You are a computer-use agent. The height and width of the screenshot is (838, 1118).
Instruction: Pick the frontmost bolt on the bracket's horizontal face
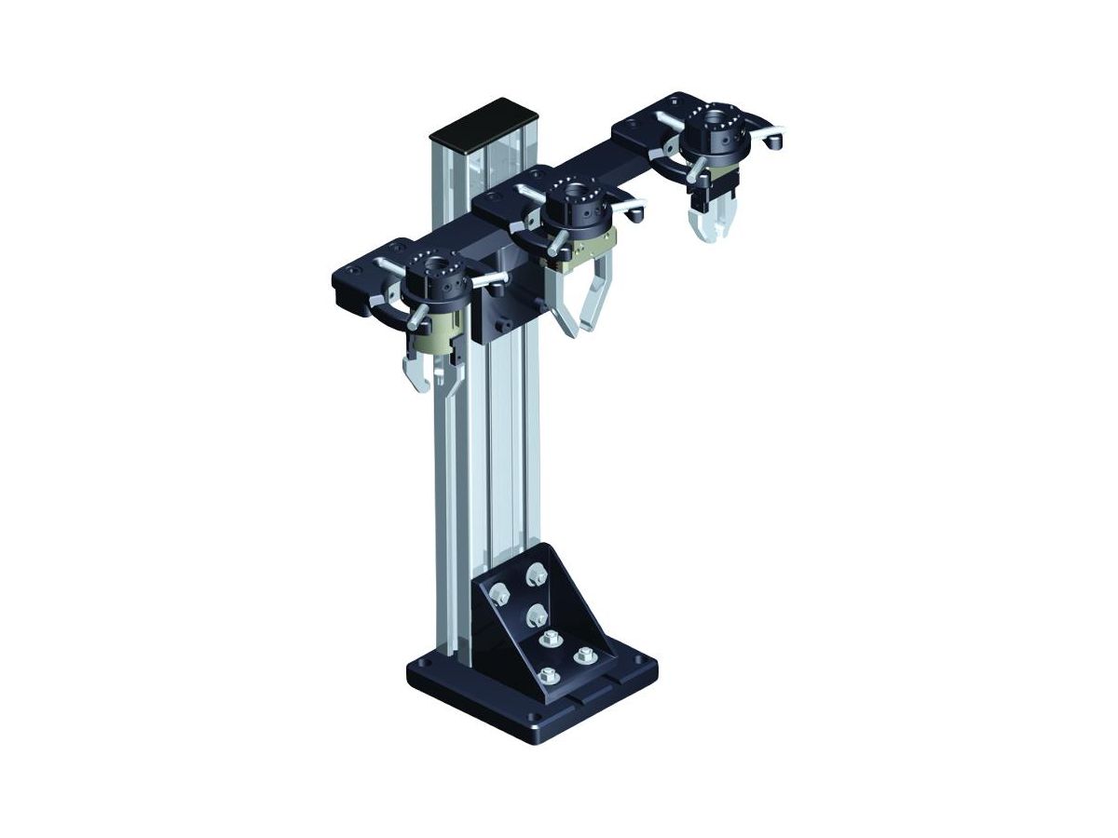click(547, 675)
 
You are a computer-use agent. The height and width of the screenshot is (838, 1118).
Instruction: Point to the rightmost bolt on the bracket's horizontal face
click(586, 654)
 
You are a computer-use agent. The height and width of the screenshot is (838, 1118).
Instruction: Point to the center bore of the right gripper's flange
click(715, 121)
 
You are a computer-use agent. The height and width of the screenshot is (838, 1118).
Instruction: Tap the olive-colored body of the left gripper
click(445, 326)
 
